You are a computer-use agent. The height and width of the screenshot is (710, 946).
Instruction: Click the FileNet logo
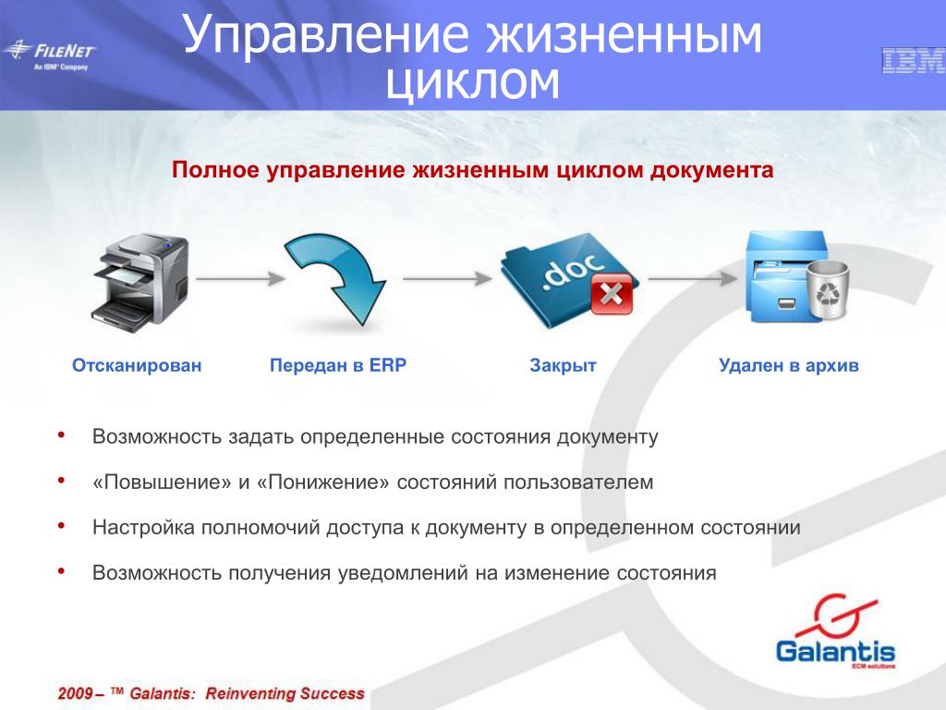tap(49, 55)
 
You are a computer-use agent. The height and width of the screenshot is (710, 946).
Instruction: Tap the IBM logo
tap(914, 61)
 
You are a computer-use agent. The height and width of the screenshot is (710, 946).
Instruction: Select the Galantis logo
tap(835, 631)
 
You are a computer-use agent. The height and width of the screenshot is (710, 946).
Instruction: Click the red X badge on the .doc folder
tap(612, 294)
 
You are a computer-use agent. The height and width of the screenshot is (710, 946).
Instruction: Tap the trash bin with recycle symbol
tap(828, 289)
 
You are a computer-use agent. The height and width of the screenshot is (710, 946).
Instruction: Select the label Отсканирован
tap(137, 365)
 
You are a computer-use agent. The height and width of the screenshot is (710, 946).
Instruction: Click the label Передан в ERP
tap(338, 365)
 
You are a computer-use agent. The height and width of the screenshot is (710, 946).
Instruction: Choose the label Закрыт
tap(563, 366)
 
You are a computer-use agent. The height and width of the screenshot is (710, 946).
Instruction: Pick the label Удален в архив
tap(789, 366)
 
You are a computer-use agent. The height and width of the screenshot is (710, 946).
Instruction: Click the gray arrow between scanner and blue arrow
tap(240, 278)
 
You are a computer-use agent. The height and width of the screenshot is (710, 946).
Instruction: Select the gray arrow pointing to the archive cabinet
tap(693, 278)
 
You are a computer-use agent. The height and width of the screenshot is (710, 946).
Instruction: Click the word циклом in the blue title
tap(472, 81)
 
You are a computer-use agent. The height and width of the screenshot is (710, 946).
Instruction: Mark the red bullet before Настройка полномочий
tap(61, 526)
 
